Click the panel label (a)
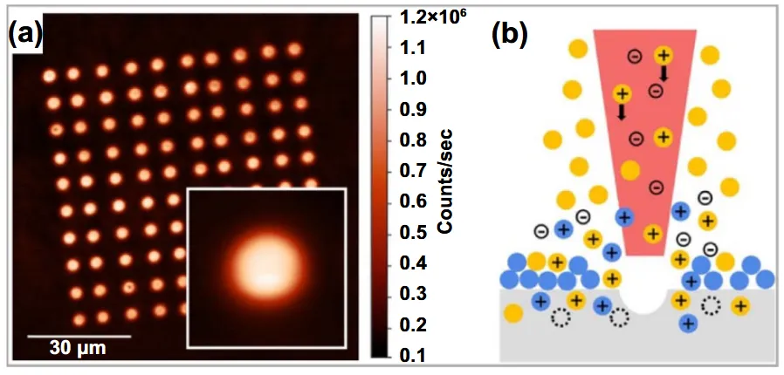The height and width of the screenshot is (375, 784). tap(25, 34)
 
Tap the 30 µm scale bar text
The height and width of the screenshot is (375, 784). tap(78, 348)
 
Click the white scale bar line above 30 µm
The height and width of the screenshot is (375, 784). tap(79, 336)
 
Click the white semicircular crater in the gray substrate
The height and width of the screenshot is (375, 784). tap(643, 301)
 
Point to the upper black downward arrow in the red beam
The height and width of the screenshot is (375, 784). tap(664, 73)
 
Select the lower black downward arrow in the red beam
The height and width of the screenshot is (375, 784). tap(622, 112)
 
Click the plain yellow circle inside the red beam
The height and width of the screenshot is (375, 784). tap(630, 170)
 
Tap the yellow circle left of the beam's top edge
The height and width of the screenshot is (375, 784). tap(579, 50)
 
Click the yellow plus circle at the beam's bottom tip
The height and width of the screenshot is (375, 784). tap(653, 233)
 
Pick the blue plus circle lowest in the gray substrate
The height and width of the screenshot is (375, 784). tap(689, 324)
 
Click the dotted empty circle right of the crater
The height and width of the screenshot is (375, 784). tap(711, 305)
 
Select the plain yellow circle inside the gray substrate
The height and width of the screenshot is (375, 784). tap(513, 314)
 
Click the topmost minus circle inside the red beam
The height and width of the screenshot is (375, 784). tap(635, 57)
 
